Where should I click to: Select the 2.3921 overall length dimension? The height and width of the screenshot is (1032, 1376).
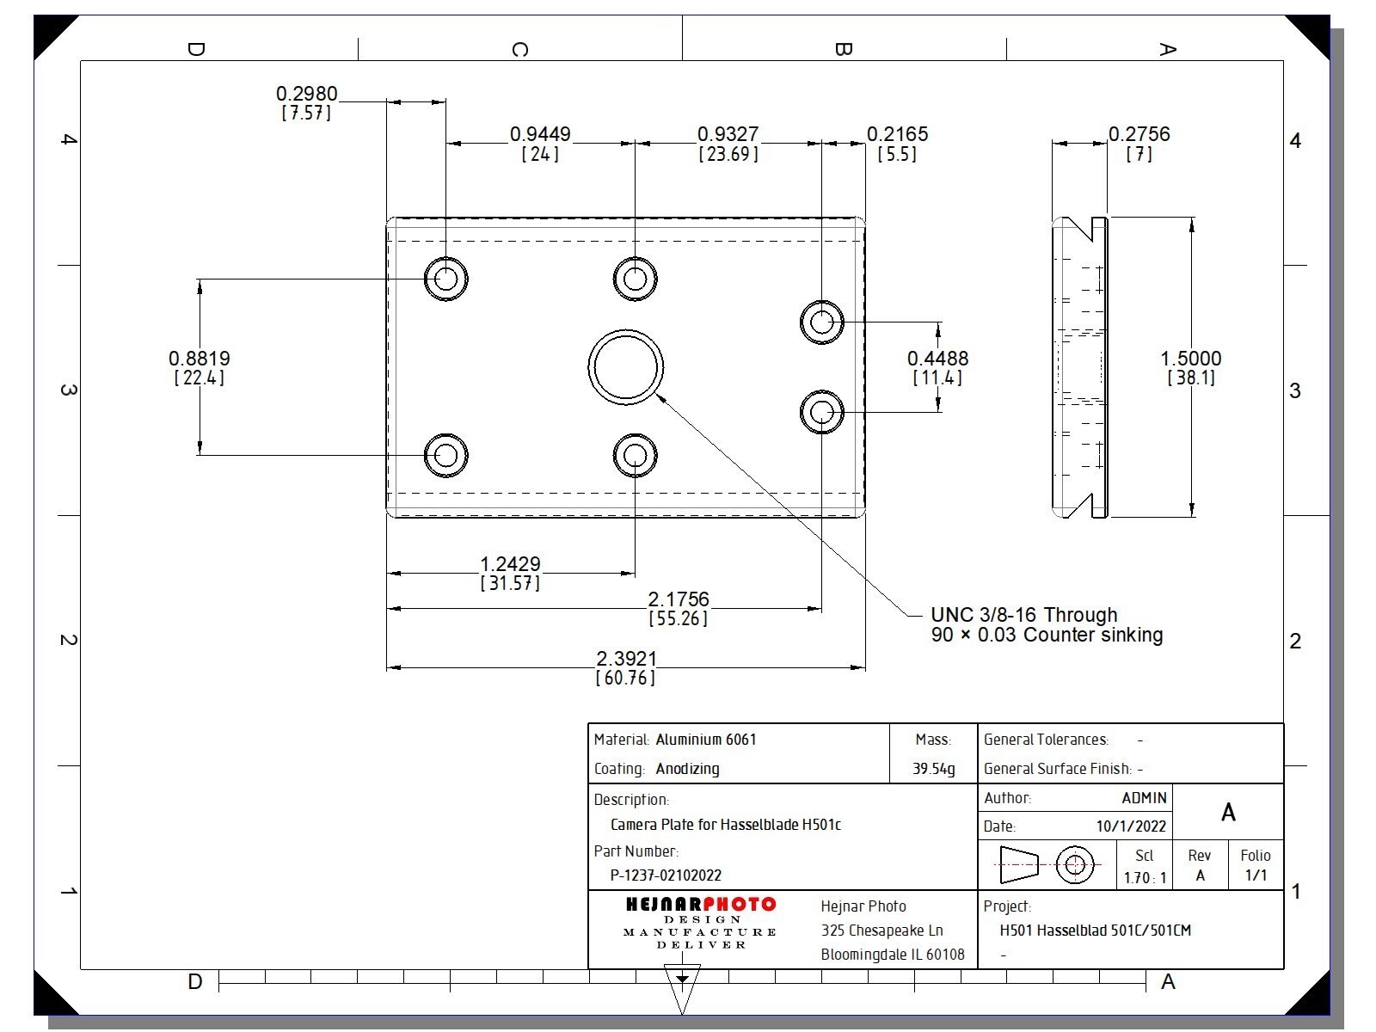pos(626,659)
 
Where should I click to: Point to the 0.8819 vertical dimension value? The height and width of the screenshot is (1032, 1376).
pos(200,359)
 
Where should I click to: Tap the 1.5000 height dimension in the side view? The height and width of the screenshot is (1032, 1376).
pos(1190,359)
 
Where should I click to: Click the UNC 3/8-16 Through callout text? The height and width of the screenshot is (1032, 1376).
pos(1024,615)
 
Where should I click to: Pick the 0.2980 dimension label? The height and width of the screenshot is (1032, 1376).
pos(306,94)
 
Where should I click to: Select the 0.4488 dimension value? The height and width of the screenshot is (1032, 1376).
pos(937,359)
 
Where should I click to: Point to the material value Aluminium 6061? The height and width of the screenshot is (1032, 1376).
pos(706,740)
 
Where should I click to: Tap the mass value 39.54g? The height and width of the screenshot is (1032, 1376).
pos(933,769)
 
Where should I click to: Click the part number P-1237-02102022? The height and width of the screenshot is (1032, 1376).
pos(666,875)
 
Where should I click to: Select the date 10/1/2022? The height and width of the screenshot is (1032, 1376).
pos(1131,826)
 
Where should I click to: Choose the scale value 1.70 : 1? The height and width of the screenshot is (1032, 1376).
pos(1145,878)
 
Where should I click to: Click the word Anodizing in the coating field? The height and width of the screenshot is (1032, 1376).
pos(687,769)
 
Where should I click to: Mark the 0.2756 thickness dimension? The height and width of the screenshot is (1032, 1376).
pos(1139,134)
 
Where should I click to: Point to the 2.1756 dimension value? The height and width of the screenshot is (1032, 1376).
pos(679,599)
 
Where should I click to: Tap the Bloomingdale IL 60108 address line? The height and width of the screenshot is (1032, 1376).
pos(893,955)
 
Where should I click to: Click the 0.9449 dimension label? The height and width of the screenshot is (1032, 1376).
pos(540,134)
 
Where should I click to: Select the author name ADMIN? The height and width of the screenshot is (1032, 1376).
pos(1144,798)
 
